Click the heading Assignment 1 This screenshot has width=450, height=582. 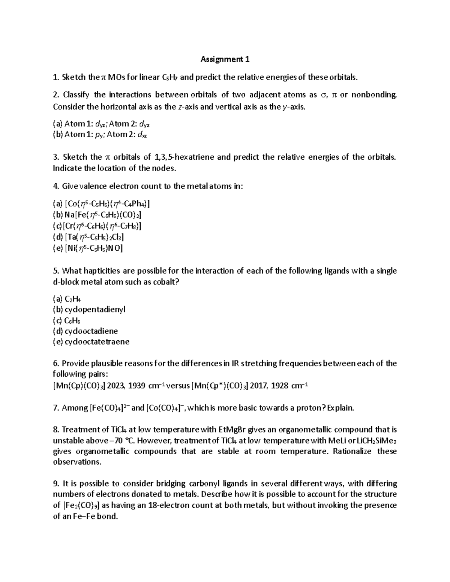225,59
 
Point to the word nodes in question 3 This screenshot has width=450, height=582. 164,168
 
